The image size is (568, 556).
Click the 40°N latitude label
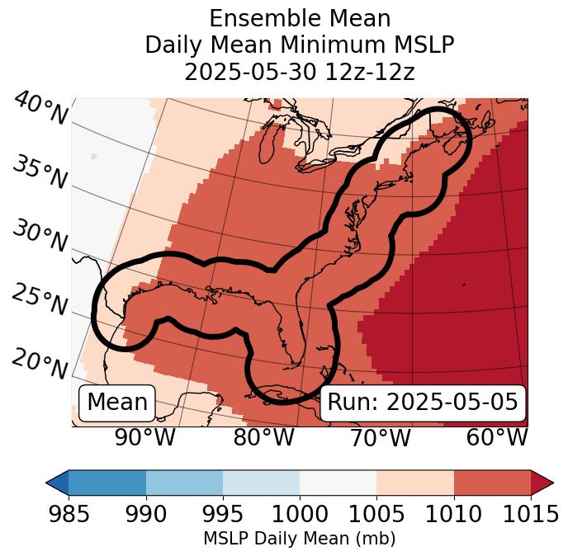[40, 109]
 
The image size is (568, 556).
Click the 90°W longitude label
[145, 438]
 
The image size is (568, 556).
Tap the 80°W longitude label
[263, 438]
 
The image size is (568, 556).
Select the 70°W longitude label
[381, 438]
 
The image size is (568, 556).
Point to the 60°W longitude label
[497, 438]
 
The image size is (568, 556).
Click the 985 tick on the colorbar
[69, 514]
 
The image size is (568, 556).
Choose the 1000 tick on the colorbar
[299, 514]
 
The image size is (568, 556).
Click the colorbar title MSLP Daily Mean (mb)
[299, 540]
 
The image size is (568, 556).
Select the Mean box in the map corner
[117, 403]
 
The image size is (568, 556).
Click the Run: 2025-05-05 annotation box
[422, 403]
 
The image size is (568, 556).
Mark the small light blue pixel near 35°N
[94, 156]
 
